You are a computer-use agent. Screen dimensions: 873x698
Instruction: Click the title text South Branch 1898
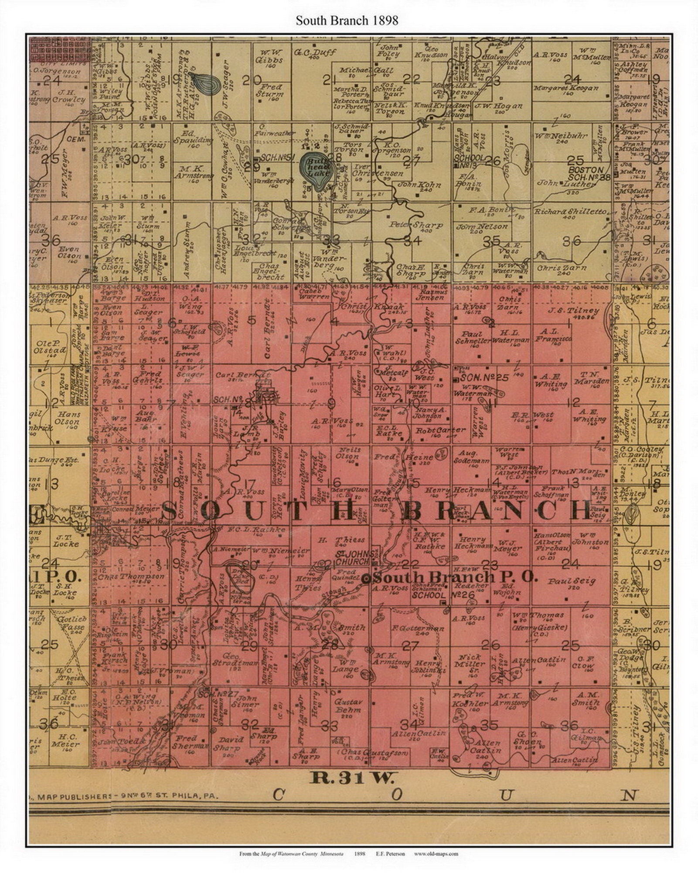(347, 21)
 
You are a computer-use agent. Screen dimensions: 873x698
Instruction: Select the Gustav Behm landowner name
(347, 705)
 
